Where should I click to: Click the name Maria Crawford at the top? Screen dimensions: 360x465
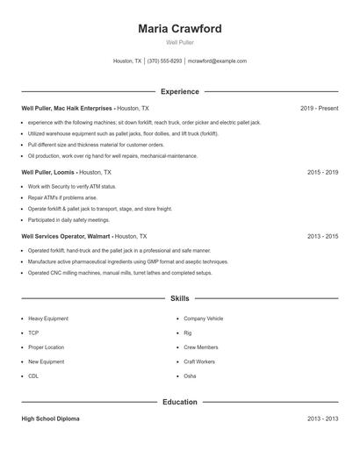pos(179,29)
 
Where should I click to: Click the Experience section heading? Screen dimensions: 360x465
pos(179,91)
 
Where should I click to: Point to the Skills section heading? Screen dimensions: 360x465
pos(179,299)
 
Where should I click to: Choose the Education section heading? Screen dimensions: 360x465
pos(179,402)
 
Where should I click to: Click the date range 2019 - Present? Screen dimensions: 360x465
pos(319,108)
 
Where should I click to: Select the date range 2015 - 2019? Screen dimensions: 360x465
pos(322,173)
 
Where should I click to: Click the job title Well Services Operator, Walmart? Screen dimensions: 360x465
pos(67,237)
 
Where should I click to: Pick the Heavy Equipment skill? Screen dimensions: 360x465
pos(47,318)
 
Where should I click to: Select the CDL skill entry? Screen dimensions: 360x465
pos(33,376)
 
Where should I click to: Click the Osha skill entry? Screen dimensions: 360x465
pos(190,376)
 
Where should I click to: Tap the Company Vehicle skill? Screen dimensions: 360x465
pos(203,318)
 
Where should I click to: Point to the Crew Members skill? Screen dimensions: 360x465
pos(200,347)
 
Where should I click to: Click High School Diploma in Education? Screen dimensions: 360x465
pos(50,419)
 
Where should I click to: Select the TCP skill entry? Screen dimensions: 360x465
pos(33,333)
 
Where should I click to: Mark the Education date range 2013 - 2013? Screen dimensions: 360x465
pos(322,419)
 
